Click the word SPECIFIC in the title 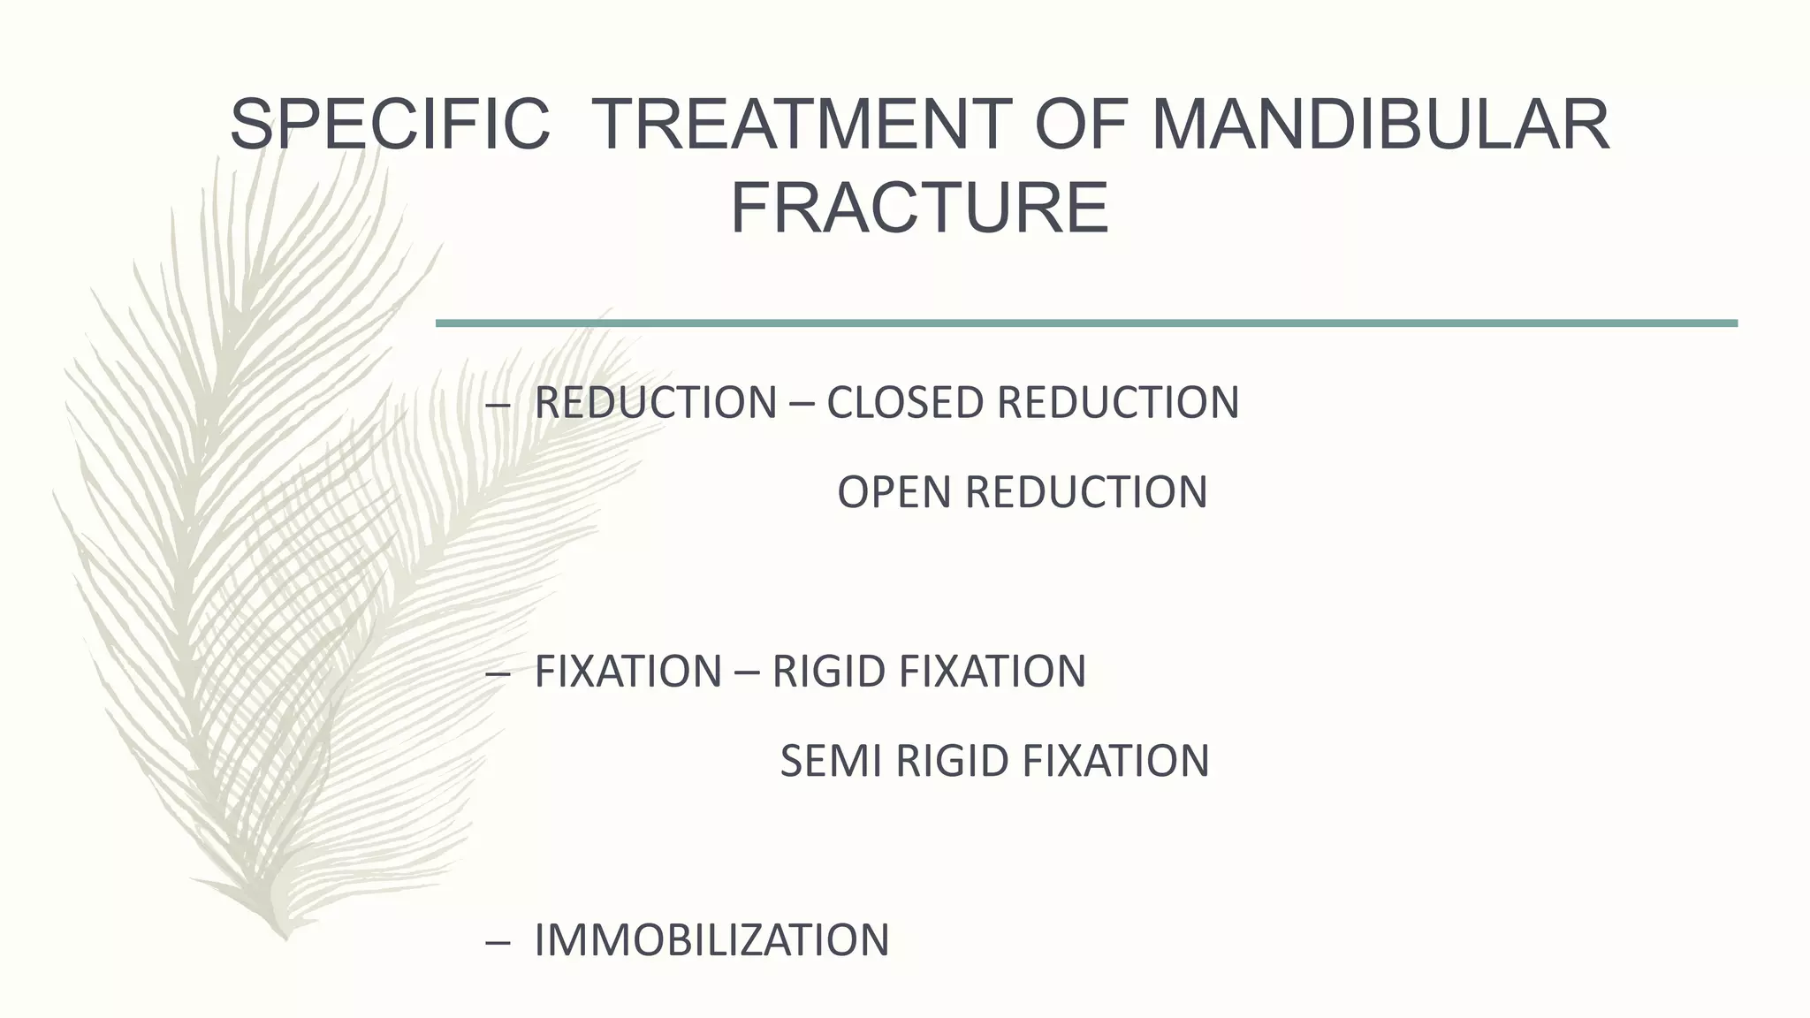pyautogui.click(x=389, y=125)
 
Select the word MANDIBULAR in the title pyautogui.click(x=1380, y=125)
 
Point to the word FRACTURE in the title pyautogui.click(x=919, y=208)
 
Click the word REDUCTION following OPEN pyautogui.click(x=1086, y=492)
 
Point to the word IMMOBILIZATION pyautogui.click(x=711, y=940)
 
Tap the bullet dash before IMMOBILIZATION pyautogui.click(x=498, y=942)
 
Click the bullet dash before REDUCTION pyautogui.click(x=498, y=405)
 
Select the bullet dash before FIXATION pyautogui.click(x=498, y=673)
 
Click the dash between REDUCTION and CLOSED pyautogui.click(x=802, y=405)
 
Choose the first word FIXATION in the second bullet pyautogui.click(x=628, y=672)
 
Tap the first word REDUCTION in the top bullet pyautogui.click(x=655, y=403)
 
